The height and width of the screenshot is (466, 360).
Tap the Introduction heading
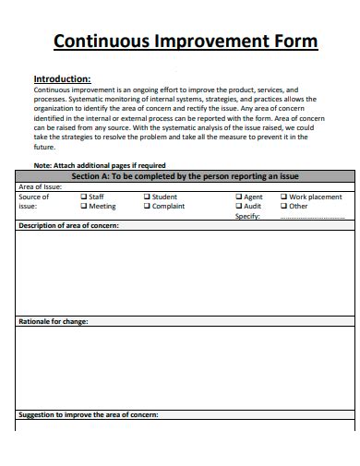point(62,79)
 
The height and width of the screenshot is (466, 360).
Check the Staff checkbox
point(83,197)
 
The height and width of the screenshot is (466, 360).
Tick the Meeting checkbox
point(83,207)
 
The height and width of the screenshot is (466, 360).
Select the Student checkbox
point(146,197)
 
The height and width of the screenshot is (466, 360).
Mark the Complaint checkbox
point(146,207)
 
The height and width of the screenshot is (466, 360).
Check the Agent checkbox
point(238,197)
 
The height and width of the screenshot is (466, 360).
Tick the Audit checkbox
point(238,207)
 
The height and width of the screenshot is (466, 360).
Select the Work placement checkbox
point(283,197)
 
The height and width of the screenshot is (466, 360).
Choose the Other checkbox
point(283,207)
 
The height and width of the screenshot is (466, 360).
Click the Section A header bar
point(185,175)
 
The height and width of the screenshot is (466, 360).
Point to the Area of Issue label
point(40,186)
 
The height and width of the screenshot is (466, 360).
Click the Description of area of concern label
point(81,225)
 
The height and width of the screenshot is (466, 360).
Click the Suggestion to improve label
point(88,415)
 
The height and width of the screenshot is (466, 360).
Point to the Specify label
point(247,216)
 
